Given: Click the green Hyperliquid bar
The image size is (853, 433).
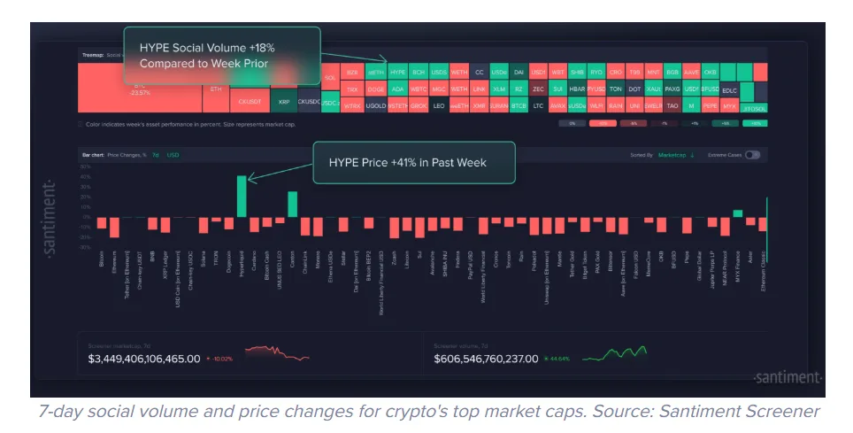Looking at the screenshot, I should (242, 197).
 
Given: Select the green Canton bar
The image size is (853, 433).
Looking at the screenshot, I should (293, 205).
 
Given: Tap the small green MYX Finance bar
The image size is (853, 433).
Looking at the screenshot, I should (737, 213).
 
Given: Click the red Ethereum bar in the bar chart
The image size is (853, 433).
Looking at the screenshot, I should (114, 227).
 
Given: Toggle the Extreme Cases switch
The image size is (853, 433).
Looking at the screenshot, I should (753, 155).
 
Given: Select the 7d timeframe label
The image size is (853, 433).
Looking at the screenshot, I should (155, 155).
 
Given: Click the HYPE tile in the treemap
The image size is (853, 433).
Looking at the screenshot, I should (397, 72).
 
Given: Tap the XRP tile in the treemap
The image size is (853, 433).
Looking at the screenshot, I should (283, 102).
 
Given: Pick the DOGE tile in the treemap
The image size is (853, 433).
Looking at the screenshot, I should (375, 89).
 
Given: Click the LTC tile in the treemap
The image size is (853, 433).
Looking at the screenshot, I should (537, 105).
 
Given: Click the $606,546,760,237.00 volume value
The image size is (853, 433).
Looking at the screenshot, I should (486, 359).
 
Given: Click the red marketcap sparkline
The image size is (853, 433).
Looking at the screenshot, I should (277, 353).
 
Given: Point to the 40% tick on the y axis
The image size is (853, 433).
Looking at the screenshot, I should (86, 176).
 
